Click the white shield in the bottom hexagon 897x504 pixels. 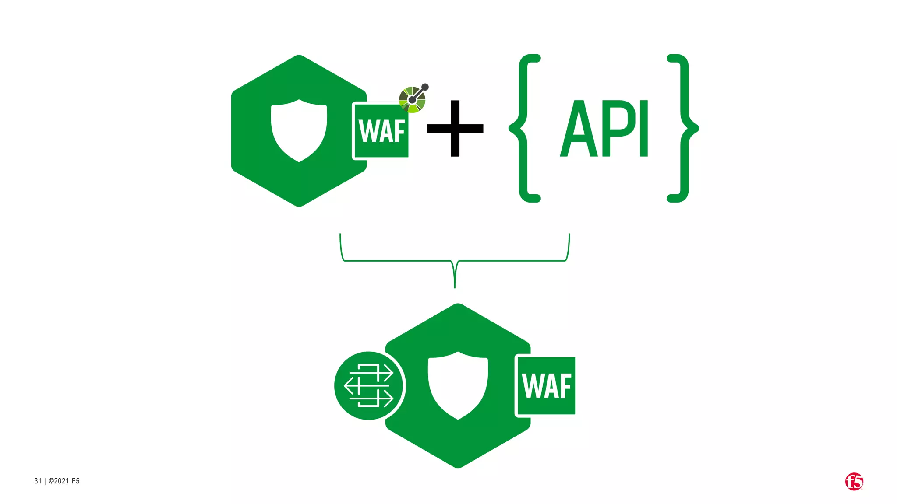(458, 385)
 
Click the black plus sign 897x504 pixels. (455, 128)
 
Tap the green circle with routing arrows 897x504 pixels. (369, 385)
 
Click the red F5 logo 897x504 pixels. (854, 482)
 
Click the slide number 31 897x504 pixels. (38, 481)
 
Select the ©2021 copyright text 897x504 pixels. (64, 481)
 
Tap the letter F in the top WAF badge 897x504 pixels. (399, 131)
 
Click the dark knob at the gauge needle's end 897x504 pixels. (425, 87)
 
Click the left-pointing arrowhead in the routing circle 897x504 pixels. (348, 386)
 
